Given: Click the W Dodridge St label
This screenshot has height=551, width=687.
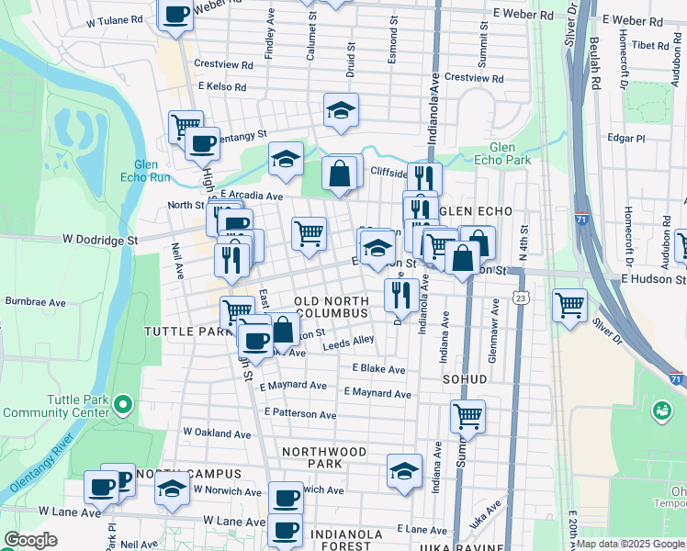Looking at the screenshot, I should click(x=99, y=240).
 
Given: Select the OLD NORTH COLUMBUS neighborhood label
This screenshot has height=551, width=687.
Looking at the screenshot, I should click(x=332, y=307).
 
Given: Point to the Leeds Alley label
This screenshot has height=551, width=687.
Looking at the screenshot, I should click(x=348, y=342).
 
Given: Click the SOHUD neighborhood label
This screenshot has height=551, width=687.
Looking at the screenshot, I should click(x=463, y=377).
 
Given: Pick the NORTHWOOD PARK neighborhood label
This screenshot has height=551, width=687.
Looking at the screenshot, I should click(x=324, y=457).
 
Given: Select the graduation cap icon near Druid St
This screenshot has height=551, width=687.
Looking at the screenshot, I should click(x=341, y=110).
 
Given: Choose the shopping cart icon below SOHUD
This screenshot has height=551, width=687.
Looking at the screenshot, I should click(x=467, y=416).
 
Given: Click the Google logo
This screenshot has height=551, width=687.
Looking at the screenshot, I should click(x=30, y=540).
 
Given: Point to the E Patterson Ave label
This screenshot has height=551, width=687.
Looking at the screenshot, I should click(x=299, y=414).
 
